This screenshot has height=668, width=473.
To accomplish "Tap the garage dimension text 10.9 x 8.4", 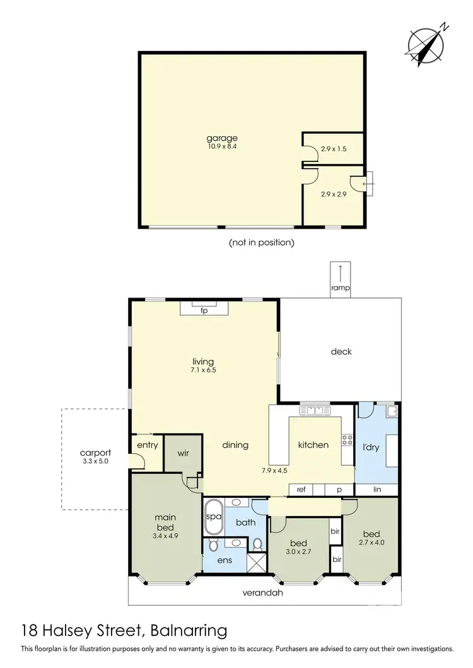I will (x=222, y=147).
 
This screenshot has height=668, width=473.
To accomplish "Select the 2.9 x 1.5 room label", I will (x=333, y=149).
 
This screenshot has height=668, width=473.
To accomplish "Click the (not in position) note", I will (x=261, y=242).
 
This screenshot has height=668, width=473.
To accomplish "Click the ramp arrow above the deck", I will (x=341, y=274).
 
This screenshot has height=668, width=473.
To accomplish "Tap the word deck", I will (x=341, y=352).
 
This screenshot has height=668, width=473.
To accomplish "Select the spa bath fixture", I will (x=213, y=517).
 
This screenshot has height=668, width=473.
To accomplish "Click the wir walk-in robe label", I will (x=183, y=453).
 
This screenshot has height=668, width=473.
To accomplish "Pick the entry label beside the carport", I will (x=147, y=446).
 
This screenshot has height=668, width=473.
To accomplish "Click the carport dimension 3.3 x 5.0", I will (x=95, y=461).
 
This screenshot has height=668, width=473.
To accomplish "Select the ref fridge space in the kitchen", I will (x=301, y=489).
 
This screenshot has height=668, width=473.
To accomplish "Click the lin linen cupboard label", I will (x=377, y=489).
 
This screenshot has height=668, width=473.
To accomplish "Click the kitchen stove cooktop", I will (x=347, y=440).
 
